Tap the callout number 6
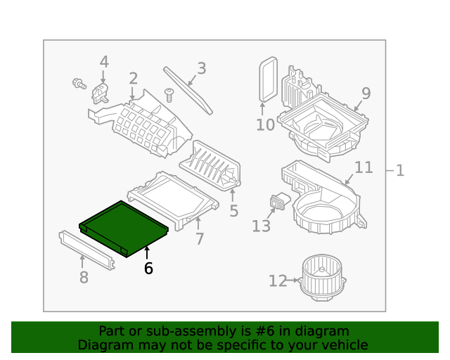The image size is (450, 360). point(148,268)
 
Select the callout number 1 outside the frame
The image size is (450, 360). point(399,170)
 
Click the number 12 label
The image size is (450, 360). point(278,281)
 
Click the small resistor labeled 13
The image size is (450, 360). point(279,202)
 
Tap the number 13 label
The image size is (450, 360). point(261,226)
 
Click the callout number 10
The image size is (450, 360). point(265,125)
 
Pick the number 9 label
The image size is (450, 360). point(366,94)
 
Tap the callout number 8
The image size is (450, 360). point(84,278)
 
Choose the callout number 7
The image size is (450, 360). point(200,239)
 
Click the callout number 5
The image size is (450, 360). point(233,211)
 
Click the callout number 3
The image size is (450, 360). point(201,68)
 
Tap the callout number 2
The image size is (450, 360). point(133,79)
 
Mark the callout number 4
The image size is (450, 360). point(104,62)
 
